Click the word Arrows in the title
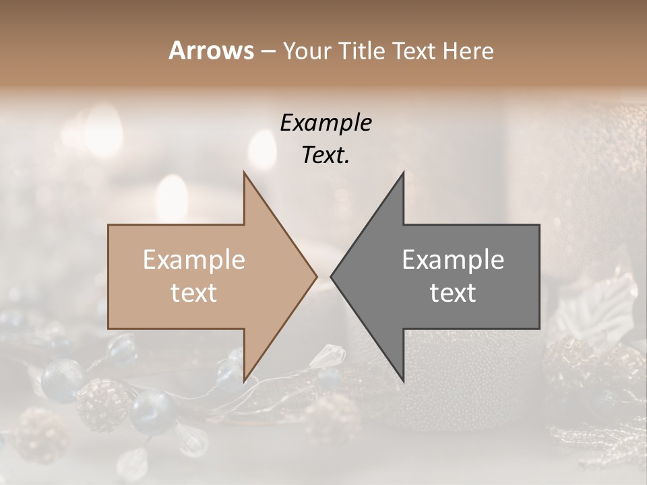(211, 51)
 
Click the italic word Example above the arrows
(326, 123)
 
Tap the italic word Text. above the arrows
(326, 156)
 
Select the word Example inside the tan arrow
(194, 259)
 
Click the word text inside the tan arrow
(194, 293)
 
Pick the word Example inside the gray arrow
(453, 259)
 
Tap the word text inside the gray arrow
(453, 293)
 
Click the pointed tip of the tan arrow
(317, 276)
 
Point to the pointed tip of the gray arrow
(331, 276)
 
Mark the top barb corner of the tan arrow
(244, 172)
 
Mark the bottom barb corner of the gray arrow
(403, 381)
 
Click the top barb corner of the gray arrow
(403, 172)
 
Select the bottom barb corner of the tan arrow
(244, 381)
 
